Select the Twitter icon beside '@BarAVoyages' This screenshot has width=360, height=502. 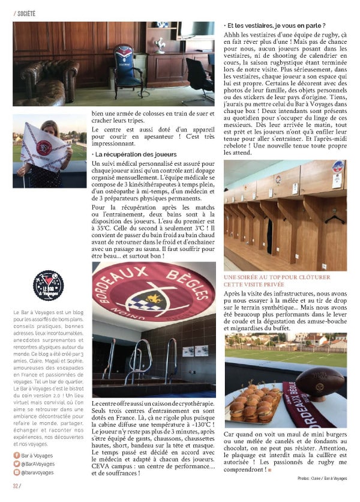click(x=16, y=465)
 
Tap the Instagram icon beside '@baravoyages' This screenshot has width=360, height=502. click(x=16, y=473)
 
